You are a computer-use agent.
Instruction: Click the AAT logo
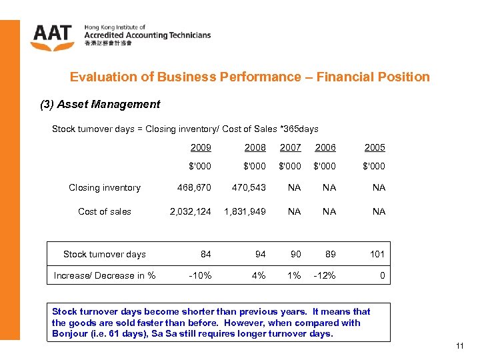pyautogui.click(x=53, y=36)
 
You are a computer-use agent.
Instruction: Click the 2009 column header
pyautogui.click(x=200, y=147)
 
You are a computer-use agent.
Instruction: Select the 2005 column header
pyautogui.click(x=374, y=147)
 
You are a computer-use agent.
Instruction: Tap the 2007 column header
pyautogui.click(x=290, y=147)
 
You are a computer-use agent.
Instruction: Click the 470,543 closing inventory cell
pyautogui.click(x=249, y=188)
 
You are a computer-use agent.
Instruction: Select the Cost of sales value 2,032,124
pyautogui.click(x=189, y=211)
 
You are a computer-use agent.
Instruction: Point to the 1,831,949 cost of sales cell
pyautogui.click(x=245, y=211)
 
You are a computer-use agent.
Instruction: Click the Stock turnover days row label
pyautogui.click(x=104, y=254)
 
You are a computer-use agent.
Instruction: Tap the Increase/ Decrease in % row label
pyautogui.click(x=104, y=275)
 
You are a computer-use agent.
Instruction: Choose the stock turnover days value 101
pyautogui.click(x=377, y=254)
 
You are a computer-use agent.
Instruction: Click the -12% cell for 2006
pyautogui.click(x=325, y=275)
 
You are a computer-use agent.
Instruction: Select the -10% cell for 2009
pyautogui.click(x=201, y=275)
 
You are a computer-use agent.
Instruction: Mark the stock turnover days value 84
pyautogui.click(x=205, y=254)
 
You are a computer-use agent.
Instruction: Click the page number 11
pyautogui.click(x=459, y=346)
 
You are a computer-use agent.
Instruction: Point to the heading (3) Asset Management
pyautogui.click(x=101, y=104)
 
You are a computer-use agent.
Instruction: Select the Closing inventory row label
pyautogui.click(x=105, y=188)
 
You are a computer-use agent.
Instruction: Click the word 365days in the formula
pyautogui.click(x=299, y=129)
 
